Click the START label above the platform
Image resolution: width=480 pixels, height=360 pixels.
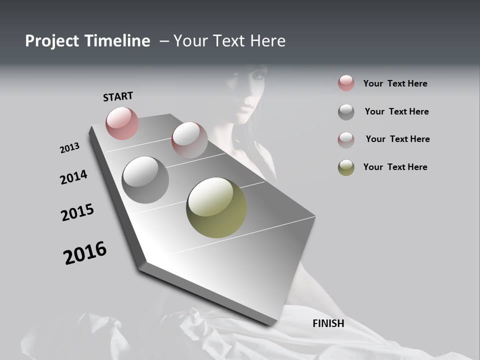coord(118,96)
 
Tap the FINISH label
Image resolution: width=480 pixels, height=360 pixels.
coord(328,323)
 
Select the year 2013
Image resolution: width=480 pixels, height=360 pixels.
coord(69,148)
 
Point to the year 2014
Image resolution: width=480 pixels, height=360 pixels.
coord(73,177)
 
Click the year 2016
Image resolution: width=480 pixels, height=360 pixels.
coord(85,253)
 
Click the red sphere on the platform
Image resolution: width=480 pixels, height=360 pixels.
coord(122,123)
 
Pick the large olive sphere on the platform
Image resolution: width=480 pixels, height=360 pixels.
coord(216,207)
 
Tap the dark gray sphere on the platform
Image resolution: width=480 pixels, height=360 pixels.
coord(145,180)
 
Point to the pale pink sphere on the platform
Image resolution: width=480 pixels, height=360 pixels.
coord(189,140)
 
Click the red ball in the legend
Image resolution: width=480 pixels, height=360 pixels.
coord(346,83)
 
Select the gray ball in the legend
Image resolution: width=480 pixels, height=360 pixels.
coord(346,112)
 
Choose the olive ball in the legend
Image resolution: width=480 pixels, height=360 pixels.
coord(346,167)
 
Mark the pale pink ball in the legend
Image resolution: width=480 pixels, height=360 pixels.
coord(346,140)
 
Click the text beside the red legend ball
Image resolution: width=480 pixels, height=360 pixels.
coord(395,83)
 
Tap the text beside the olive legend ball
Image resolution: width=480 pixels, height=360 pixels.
coord(395,167)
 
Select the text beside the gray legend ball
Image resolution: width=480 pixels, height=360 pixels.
coord(396,111)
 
